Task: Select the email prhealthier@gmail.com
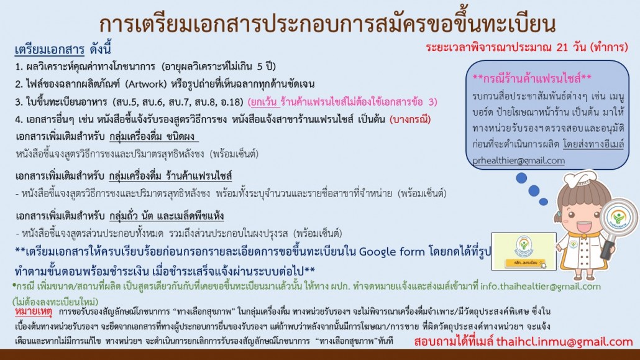pos(518,160)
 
